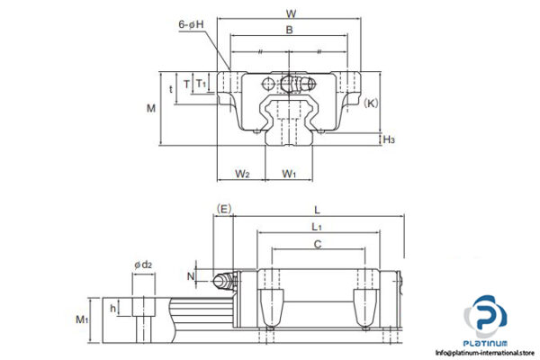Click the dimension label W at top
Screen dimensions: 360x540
coord(290,13)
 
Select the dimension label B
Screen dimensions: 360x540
coord(289,31)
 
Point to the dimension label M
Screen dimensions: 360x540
coord(150,108)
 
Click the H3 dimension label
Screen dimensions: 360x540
coord(389,139)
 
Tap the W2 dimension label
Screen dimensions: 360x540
coord(242,172)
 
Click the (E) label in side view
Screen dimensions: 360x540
coord(224,209)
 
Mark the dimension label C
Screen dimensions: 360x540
coord(317,244)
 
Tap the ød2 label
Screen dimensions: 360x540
coord(142,264)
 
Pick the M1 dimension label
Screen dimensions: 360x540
coord(83,319)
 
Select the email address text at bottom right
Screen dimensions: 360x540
coord(487,353)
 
